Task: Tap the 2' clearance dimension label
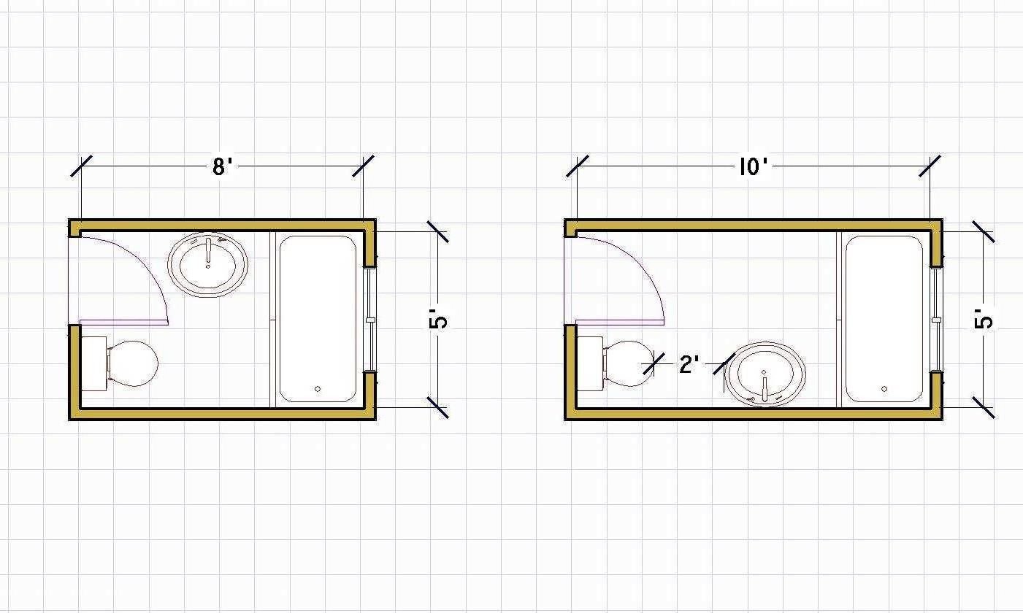689,364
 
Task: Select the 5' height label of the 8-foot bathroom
438,319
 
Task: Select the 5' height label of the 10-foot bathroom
984,319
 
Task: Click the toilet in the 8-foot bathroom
120,363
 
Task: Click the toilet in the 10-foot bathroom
615,363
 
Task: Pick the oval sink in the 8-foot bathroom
208,265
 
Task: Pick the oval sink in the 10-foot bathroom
765,374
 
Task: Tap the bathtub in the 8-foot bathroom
318,319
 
